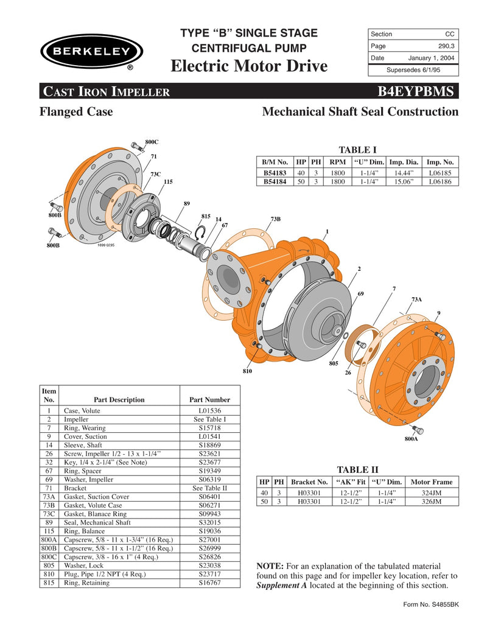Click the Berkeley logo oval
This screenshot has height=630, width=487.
pyautogui.click(x=91, y=51)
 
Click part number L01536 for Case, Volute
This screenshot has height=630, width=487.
pyautogui.click(x=209, y=411)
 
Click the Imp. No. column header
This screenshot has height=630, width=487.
pyautogui.click(x=440, y=163)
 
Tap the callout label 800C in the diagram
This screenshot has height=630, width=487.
pyautogui.click(x=152, y=142)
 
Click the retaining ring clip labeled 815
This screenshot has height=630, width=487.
pyautogui.click(x=201, y=233)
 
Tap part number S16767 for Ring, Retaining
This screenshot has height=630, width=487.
pyautogui.click(x=209, y=583)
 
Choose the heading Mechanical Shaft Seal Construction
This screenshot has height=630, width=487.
pyautogui.click(x=360, y=112)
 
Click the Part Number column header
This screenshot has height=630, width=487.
pyautogui.click(x=209, y=400)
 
